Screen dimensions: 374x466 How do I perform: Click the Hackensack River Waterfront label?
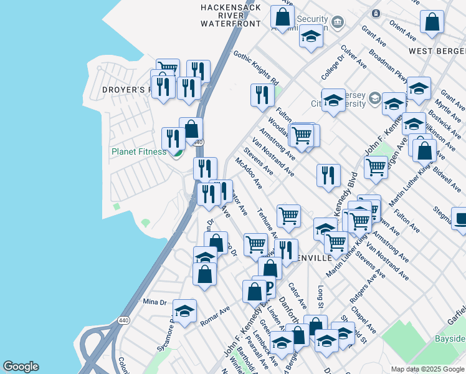pyautogui.click(x=231, y=15)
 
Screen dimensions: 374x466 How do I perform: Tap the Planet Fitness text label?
pyautogui.click(x=138, y=151)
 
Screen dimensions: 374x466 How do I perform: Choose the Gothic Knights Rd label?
pyautogui.click(x=255, y=68)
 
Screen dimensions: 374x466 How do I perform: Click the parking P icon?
pyautogui.click(x=269, y=287)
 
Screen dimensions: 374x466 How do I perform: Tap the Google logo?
pyautogui.click(x=21, y=367)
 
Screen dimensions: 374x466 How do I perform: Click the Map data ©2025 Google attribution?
pyautogui.click(x=427, y=368)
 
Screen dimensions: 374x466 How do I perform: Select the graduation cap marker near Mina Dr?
pyautogui.click(x=184, y=311)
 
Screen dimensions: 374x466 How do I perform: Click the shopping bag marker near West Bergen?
pyautogui.click(x=432, y=22)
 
